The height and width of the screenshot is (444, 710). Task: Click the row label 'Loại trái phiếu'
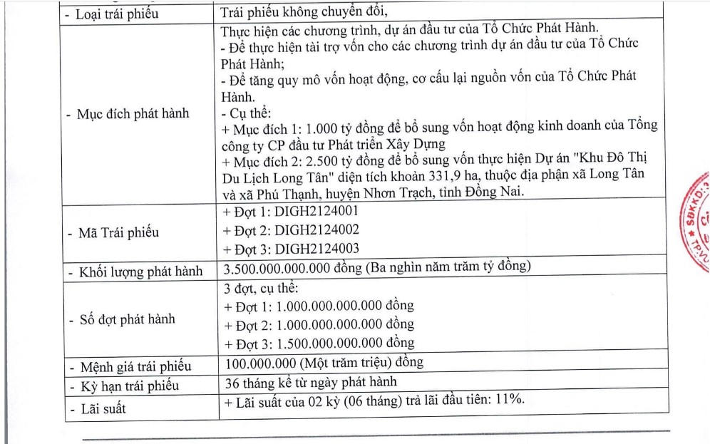tap(117, 14)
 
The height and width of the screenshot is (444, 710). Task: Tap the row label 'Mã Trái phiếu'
tap(117, 233)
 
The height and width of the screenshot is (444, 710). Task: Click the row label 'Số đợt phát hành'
tap(126, 319)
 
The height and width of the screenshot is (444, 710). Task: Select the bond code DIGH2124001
tap(317, 212)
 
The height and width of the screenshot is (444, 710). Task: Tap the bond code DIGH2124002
tap(317, 230)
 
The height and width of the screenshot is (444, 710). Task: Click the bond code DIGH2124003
tap(317, 248)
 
